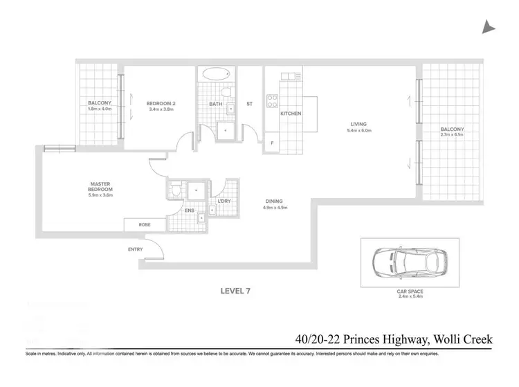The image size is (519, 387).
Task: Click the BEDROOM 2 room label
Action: (160, 104)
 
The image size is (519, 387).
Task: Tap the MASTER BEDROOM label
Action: (100, 186)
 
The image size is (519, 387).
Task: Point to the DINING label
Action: (275, 202)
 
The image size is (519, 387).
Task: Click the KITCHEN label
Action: (291, 113)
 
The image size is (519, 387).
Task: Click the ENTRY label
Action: (136, 249)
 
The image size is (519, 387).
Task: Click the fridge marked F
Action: (272, 144)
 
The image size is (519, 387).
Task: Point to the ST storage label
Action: (249, 104)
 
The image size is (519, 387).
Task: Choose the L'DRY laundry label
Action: (224, 201)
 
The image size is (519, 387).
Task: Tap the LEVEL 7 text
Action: (235, 290)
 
